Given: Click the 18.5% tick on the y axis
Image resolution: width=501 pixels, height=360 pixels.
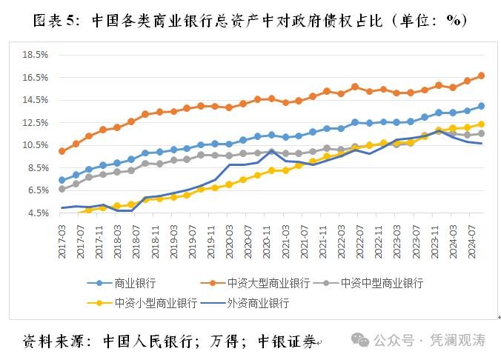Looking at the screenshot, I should pos(36,55).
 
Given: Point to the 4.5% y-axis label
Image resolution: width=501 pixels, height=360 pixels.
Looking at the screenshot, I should pos(38,213).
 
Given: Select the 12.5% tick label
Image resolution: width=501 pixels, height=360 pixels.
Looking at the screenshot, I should pos(36,122).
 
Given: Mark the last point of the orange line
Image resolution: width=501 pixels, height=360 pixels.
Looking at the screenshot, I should pos(481,76).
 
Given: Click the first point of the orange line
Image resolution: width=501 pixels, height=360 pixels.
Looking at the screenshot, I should pos(62,151).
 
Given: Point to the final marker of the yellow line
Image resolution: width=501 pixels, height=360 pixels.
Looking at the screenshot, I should pos(481,124).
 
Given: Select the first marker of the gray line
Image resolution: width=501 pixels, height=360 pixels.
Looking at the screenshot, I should pos(62,189).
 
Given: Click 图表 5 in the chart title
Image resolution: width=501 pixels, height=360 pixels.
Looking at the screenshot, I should pos(56,21).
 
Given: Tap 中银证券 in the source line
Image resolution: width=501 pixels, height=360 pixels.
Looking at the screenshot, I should pos(286,341).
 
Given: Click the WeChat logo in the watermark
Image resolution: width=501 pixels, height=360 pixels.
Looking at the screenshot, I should pos(361,340).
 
